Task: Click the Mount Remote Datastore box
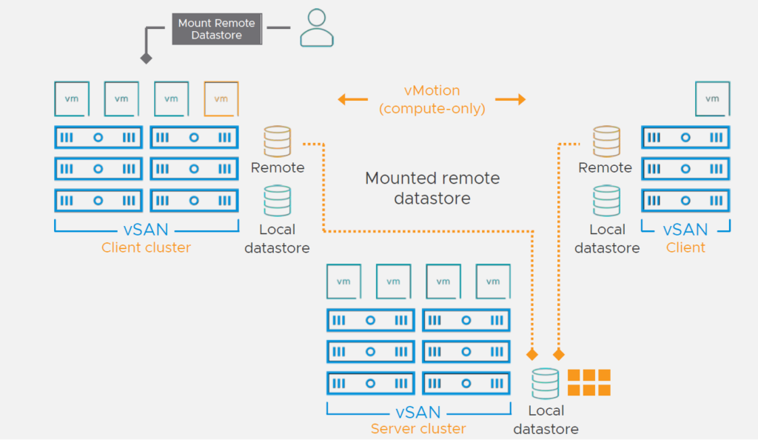tap(217, 29)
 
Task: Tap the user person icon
tap(317, 27)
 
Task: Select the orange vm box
tap(221, 99)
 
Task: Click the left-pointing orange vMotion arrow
tap(353, 99)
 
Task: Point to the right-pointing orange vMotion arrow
tap(511, 99)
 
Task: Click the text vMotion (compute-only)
tap(432, 99)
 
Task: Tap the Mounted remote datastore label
tap(432, 188)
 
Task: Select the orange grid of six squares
tap(588, 382)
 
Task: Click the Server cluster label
tap(418, 428)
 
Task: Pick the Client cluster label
tap(146, 247)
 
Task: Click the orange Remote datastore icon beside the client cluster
tap(278, 141)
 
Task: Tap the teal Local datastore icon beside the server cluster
tap(546, 384)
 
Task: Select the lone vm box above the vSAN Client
tap(713, 99)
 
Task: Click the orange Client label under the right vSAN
tap(685, 247)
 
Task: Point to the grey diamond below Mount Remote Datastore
tap(147, 59)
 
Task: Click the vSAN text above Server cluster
tap(418, 412)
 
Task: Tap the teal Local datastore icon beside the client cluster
tap(278, 201)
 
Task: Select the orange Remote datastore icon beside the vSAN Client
tap(607, 141)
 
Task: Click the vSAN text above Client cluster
tap(146, 229)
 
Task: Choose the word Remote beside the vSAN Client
tap(606, 168)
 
